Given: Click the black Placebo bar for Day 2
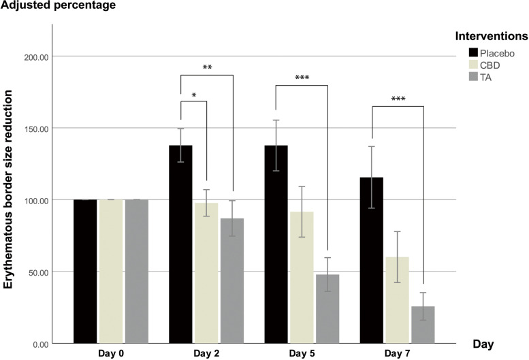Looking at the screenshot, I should click(180, 245).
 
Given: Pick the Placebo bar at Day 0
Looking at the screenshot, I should click(85, 272).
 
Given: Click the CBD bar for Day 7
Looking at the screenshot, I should click(398, 300).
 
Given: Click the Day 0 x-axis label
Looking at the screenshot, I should click(110, 355).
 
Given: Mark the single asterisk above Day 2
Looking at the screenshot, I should click(194, 95).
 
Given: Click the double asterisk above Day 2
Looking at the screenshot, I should click(208, 68).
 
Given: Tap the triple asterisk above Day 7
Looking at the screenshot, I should click(398, 99).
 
